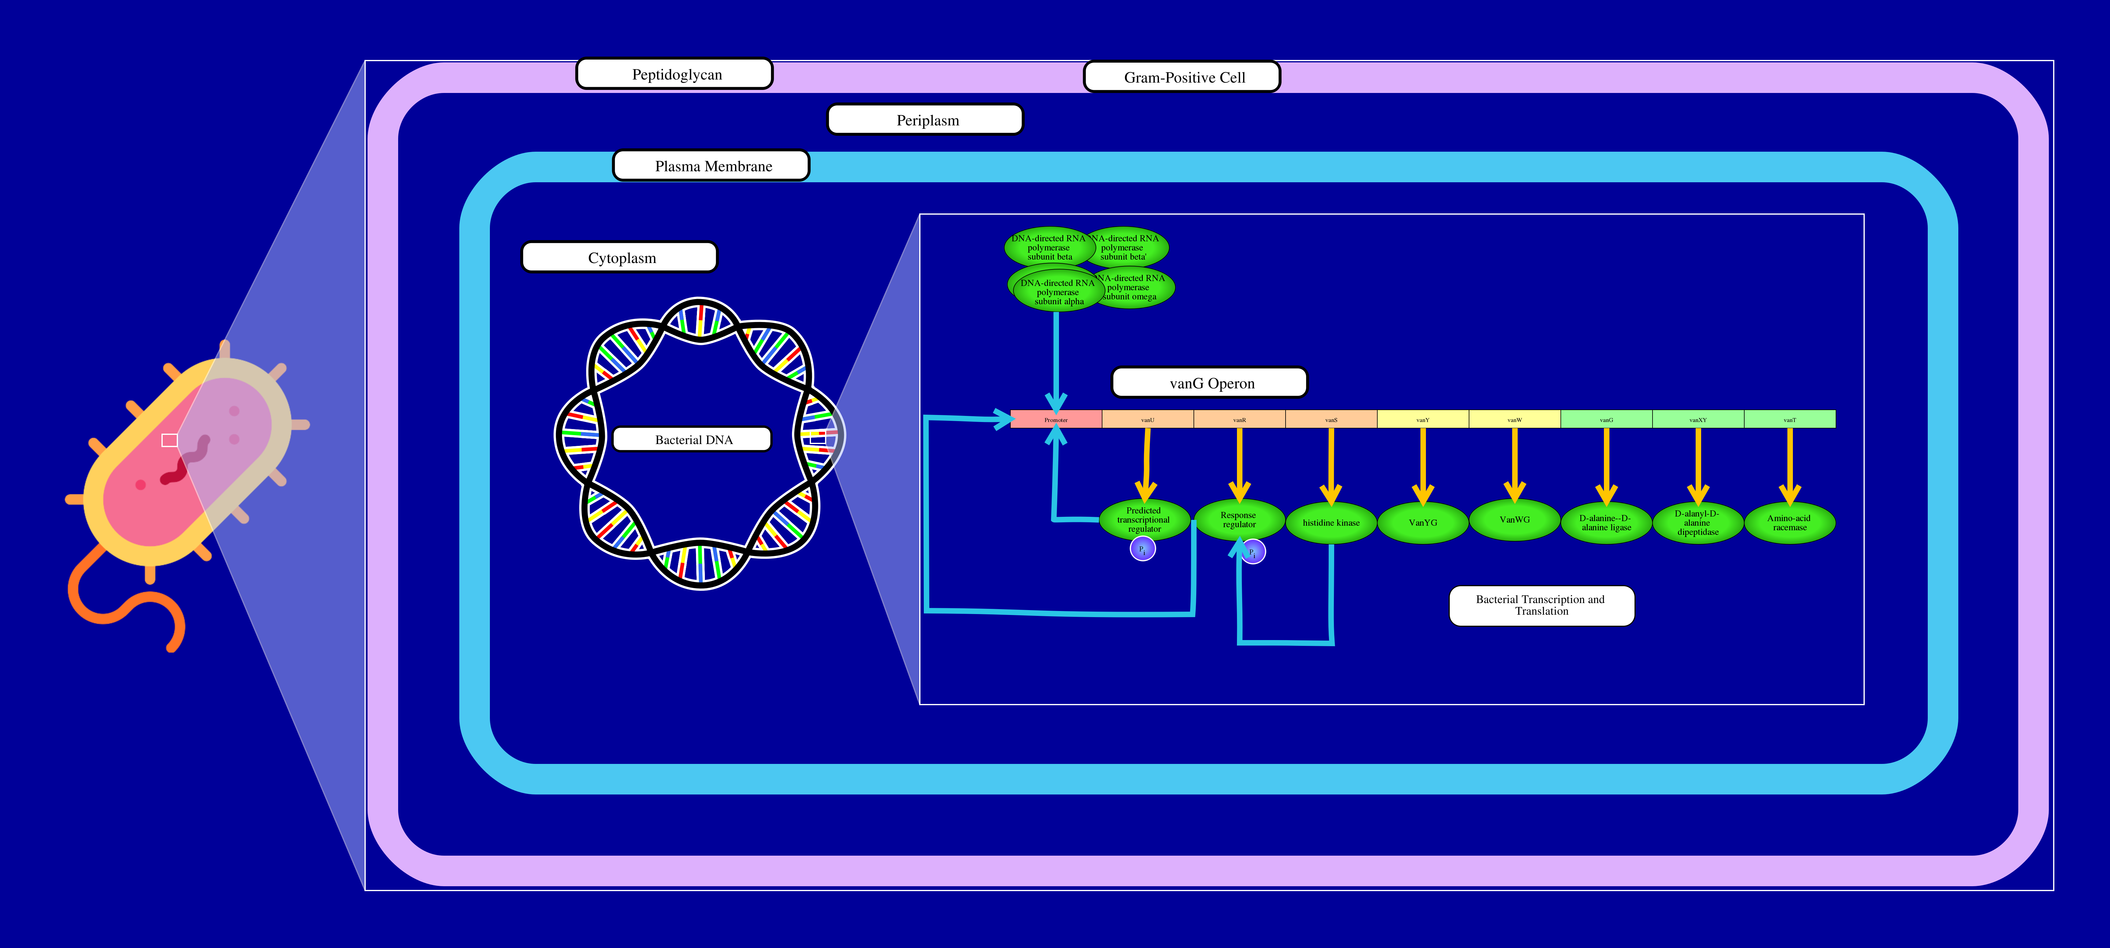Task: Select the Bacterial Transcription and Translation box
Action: coord(1541,605)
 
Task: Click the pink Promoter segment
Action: coord(1056,420)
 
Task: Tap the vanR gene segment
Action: coord(1239,420)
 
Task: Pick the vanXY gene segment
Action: coord(1698,420)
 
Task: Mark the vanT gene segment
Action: coord(1790,420)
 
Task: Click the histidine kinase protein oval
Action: coord(1331,523)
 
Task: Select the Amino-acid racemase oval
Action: coord(1790,523)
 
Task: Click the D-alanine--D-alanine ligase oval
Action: coord(1606,523)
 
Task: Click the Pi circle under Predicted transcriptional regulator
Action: coord(1143,549)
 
